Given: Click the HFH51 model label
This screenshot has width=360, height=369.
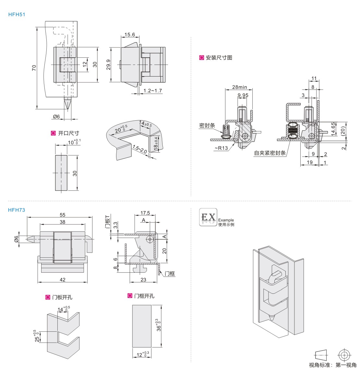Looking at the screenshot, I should click(x=17, y=14).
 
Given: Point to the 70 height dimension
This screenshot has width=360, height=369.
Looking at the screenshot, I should click(x=34, y=67).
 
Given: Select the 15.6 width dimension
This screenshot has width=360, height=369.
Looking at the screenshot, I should click(x=129, y=35).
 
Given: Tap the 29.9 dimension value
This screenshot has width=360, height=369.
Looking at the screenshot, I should click(x=108, y=65).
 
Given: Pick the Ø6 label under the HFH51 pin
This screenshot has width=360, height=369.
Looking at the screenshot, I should click(x=56, y=117).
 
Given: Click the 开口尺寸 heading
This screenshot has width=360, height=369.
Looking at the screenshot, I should click(x=68, y=133).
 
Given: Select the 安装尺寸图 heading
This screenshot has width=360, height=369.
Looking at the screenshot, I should click(x=219, y=58).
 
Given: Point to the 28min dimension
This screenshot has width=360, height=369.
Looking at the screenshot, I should click(x=240, y=87).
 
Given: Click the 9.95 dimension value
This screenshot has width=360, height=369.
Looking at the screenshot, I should click(x=243, y=95).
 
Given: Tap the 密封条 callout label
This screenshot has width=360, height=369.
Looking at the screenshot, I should click(x=207, y=125).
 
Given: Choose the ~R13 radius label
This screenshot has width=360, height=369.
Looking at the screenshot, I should click(x=221, y=148).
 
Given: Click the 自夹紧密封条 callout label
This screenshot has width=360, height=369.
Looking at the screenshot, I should click(x=270, y=153).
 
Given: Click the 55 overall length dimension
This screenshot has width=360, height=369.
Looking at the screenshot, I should click(x=63, y=215).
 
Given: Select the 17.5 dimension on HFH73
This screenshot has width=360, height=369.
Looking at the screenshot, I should click(x=145, y=213).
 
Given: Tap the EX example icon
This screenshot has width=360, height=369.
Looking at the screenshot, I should click(x=208, y=217).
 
